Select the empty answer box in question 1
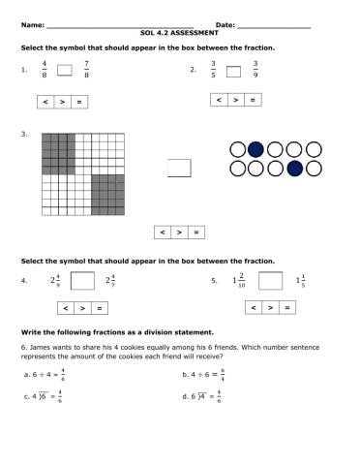[65, 70]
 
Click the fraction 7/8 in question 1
[87, 70]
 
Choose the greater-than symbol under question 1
[61, 101]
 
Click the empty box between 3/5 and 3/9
[233, 70]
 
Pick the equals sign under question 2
[253, 100]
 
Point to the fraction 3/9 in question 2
[255, 70]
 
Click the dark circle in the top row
[255, 149]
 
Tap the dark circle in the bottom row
[295, 169]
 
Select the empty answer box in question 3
[180, 168]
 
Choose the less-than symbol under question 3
[163, 232]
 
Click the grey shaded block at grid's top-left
[58, 153]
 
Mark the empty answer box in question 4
[83, 281]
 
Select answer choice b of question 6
[203, 373]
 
